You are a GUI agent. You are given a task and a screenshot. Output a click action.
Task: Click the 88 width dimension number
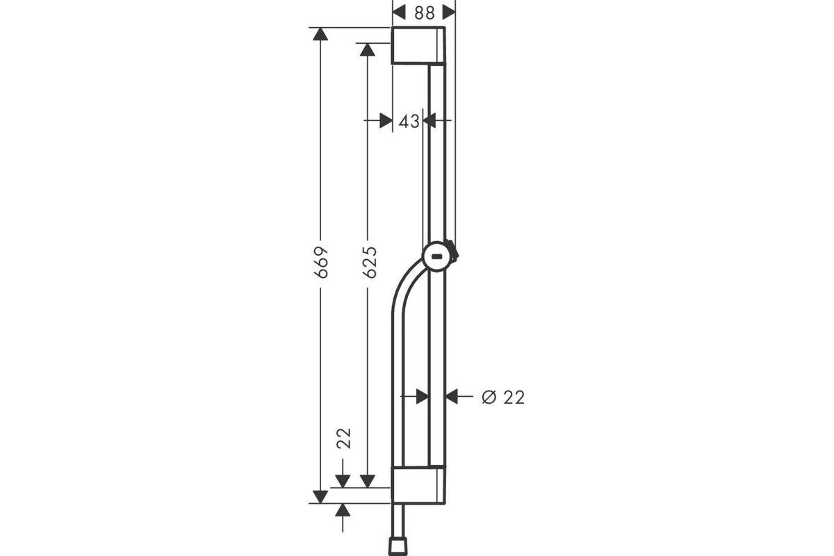click(x=424, y=13)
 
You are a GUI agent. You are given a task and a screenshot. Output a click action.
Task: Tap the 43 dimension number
click(x=409, y=122)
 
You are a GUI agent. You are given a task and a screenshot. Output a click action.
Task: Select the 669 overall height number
click(x=321, y=262)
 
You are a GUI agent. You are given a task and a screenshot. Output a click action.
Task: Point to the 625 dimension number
click(x=370, y=262)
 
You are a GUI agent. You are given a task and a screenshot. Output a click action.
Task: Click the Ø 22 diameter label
click(x=503, y=398)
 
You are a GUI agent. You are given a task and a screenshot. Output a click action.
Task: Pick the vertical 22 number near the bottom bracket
click(x=343, y=439)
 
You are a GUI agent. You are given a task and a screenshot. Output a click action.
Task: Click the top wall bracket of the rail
click(x=418, y=46)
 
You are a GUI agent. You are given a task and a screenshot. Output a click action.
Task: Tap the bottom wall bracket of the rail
click(x=418, y=485)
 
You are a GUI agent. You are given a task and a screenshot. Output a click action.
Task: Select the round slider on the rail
click(x=436, y=256)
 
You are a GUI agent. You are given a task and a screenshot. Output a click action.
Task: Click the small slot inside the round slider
click(x=436, y=256)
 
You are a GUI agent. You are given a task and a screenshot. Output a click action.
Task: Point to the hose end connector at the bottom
click(x=398, y=547)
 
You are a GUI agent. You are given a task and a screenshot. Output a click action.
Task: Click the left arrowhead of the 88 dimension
click(x=399, y=13)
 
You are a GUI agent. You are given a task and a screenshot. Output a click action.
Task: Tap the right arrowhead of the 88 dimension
click(x=449, y=13)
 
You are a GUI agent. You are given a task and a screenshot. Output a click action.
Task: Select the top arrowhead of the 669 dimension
click(x=320, y=34)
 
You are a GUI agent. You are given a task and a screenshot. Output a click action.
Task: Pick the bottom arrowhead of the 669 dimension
click(x=320, y=497)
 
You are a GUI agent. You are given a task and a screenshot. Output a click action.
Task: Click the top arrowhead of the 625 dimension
click(x=368, y=49)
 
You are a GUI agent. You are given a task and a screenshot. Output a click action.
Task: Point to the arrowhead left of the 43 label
click(x=386, y=121)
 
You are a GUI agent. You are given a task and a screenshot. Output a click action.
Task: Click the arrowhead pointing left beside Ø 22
click(x=452, y=397)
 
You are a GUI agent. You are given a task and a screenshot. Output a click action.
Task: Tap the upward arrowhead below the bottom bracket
click(x=343, y=510)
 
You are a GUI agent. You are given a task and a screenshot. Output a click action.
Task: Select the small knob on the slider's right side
click(x=454, y=251)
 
